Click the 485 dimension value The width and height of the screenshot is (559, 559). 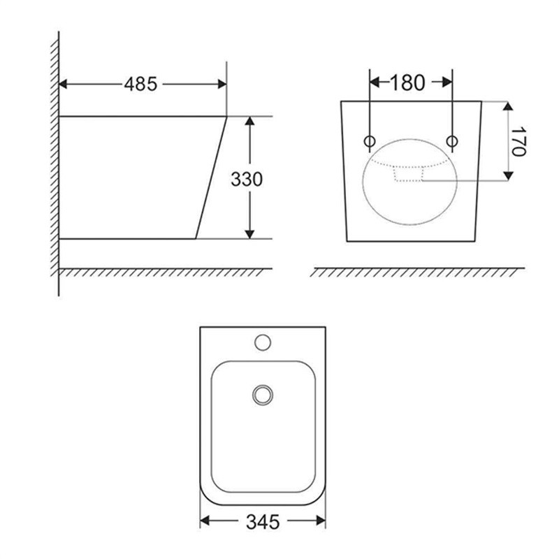140,85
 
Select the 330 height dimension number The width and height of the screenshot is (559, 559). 247,179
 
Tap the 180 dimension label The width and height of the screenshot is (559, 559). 407,82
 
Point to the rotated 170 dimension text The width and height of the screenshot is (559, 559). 518,141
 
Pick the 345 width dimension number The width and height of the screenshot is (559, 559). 263,523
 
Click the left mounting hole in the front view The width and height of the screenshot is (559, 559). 370,141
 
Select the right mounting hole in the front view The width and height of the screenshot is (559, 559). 452,141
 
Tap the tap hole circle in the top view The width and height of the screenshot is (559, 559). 263,342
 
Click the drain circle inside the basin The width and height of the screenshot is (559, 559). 263,395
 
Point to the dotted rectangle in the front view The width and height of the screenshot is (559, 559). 409,174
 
